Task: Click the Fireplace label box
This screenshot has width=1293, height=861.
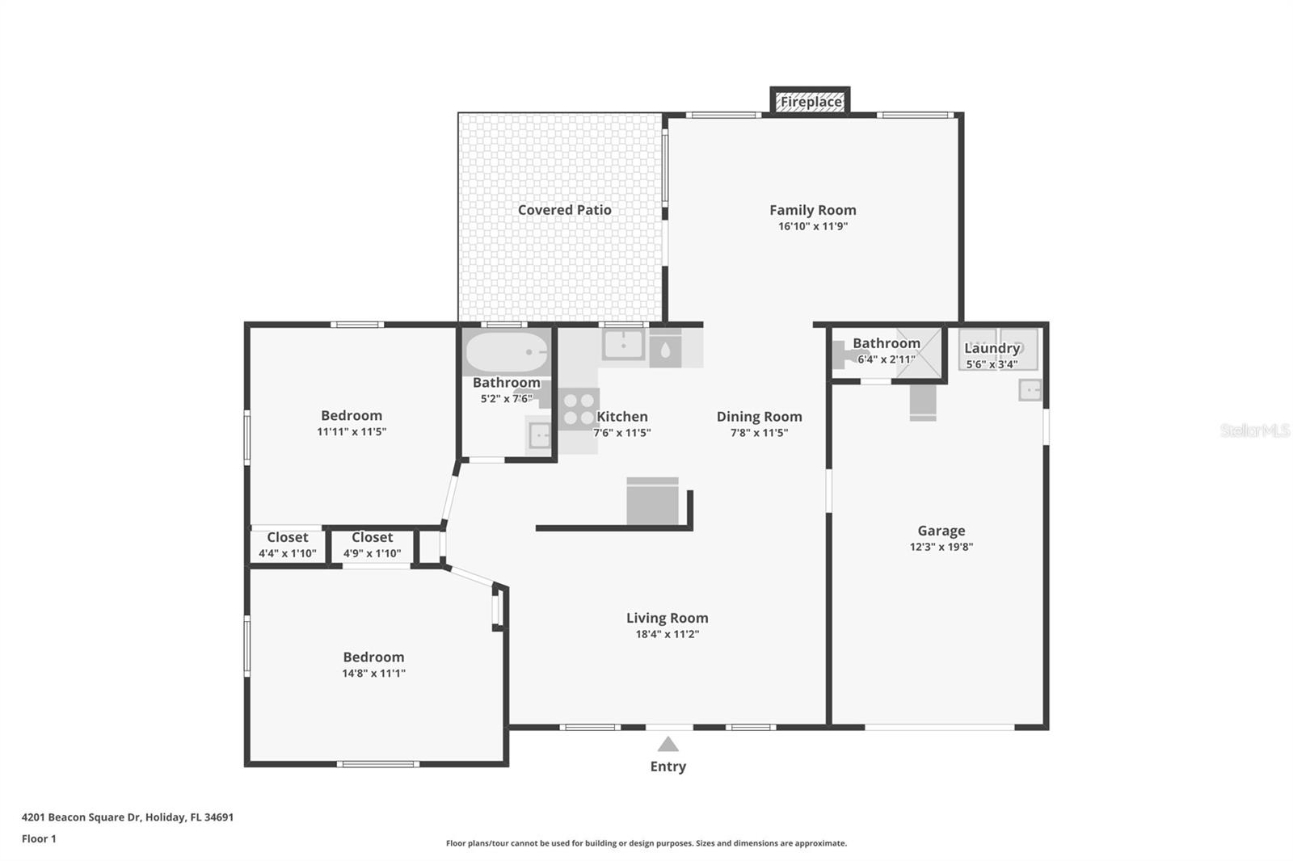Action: click(x=810, y=102)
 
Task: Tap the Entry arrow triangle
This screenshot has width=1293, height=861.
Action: click(x=668, y=745)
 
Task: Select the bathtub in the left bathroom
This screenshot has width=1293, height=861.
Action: click(x=507, y=352)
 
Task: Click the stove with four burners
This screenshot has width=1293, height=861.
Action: click(x=579, y=409)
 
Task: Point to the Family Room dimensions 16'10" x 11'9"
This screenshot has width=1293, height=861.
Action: click(x=812, y=226)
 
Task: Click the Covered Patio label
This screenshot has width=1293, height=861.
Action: click(x=564, y=210)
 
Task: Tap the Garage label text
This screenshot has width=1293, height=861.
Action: click(x=941, y=531)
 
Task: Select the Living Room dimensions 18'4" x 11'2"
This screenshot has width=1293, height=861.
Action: click(x=667, y=634)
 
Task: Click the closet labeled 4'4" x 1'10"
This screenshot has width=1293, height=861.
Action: click(x=287, y=546)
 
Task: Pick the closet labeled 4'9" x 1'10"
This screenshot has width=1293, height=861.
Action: click(x=372, y=546)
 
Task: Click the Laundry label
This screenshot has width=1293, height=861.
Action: click(x=992, y=348)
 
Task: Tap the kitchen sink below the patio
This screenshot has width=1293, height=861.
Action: click(x=623, y=345)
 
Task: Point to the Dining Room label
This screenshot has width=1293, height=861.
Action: click(x=759, y=417)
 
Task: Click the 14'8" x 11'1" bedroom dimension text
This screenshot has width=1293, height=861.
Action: click(x=373, y=673)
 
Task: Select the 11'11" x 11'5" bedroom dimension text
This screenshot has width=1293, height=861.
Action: click(x=351, y=432)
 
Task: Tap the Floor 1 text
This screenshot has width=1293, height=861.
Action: click(x=39, y=838)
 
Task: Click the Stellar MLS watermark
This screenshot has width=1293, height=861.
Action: click(x=1254, y=430)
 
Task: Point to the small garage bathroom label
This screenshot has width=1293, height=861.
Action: click(x=886, y=343)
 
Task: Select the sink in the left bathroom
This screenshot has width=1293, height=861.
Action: click(x=539, y=436)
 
